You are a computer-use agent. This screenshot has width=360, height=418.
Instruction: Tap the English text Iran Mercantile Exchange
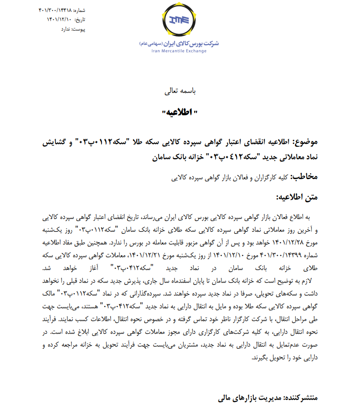point(179,51)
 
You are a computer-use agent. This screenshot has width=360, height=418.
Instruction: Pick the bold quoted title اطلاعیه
point(179,113)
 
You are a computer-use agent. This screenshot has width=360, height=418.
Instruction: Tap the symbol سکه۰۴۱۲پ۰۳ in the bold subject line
point(231,157)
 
